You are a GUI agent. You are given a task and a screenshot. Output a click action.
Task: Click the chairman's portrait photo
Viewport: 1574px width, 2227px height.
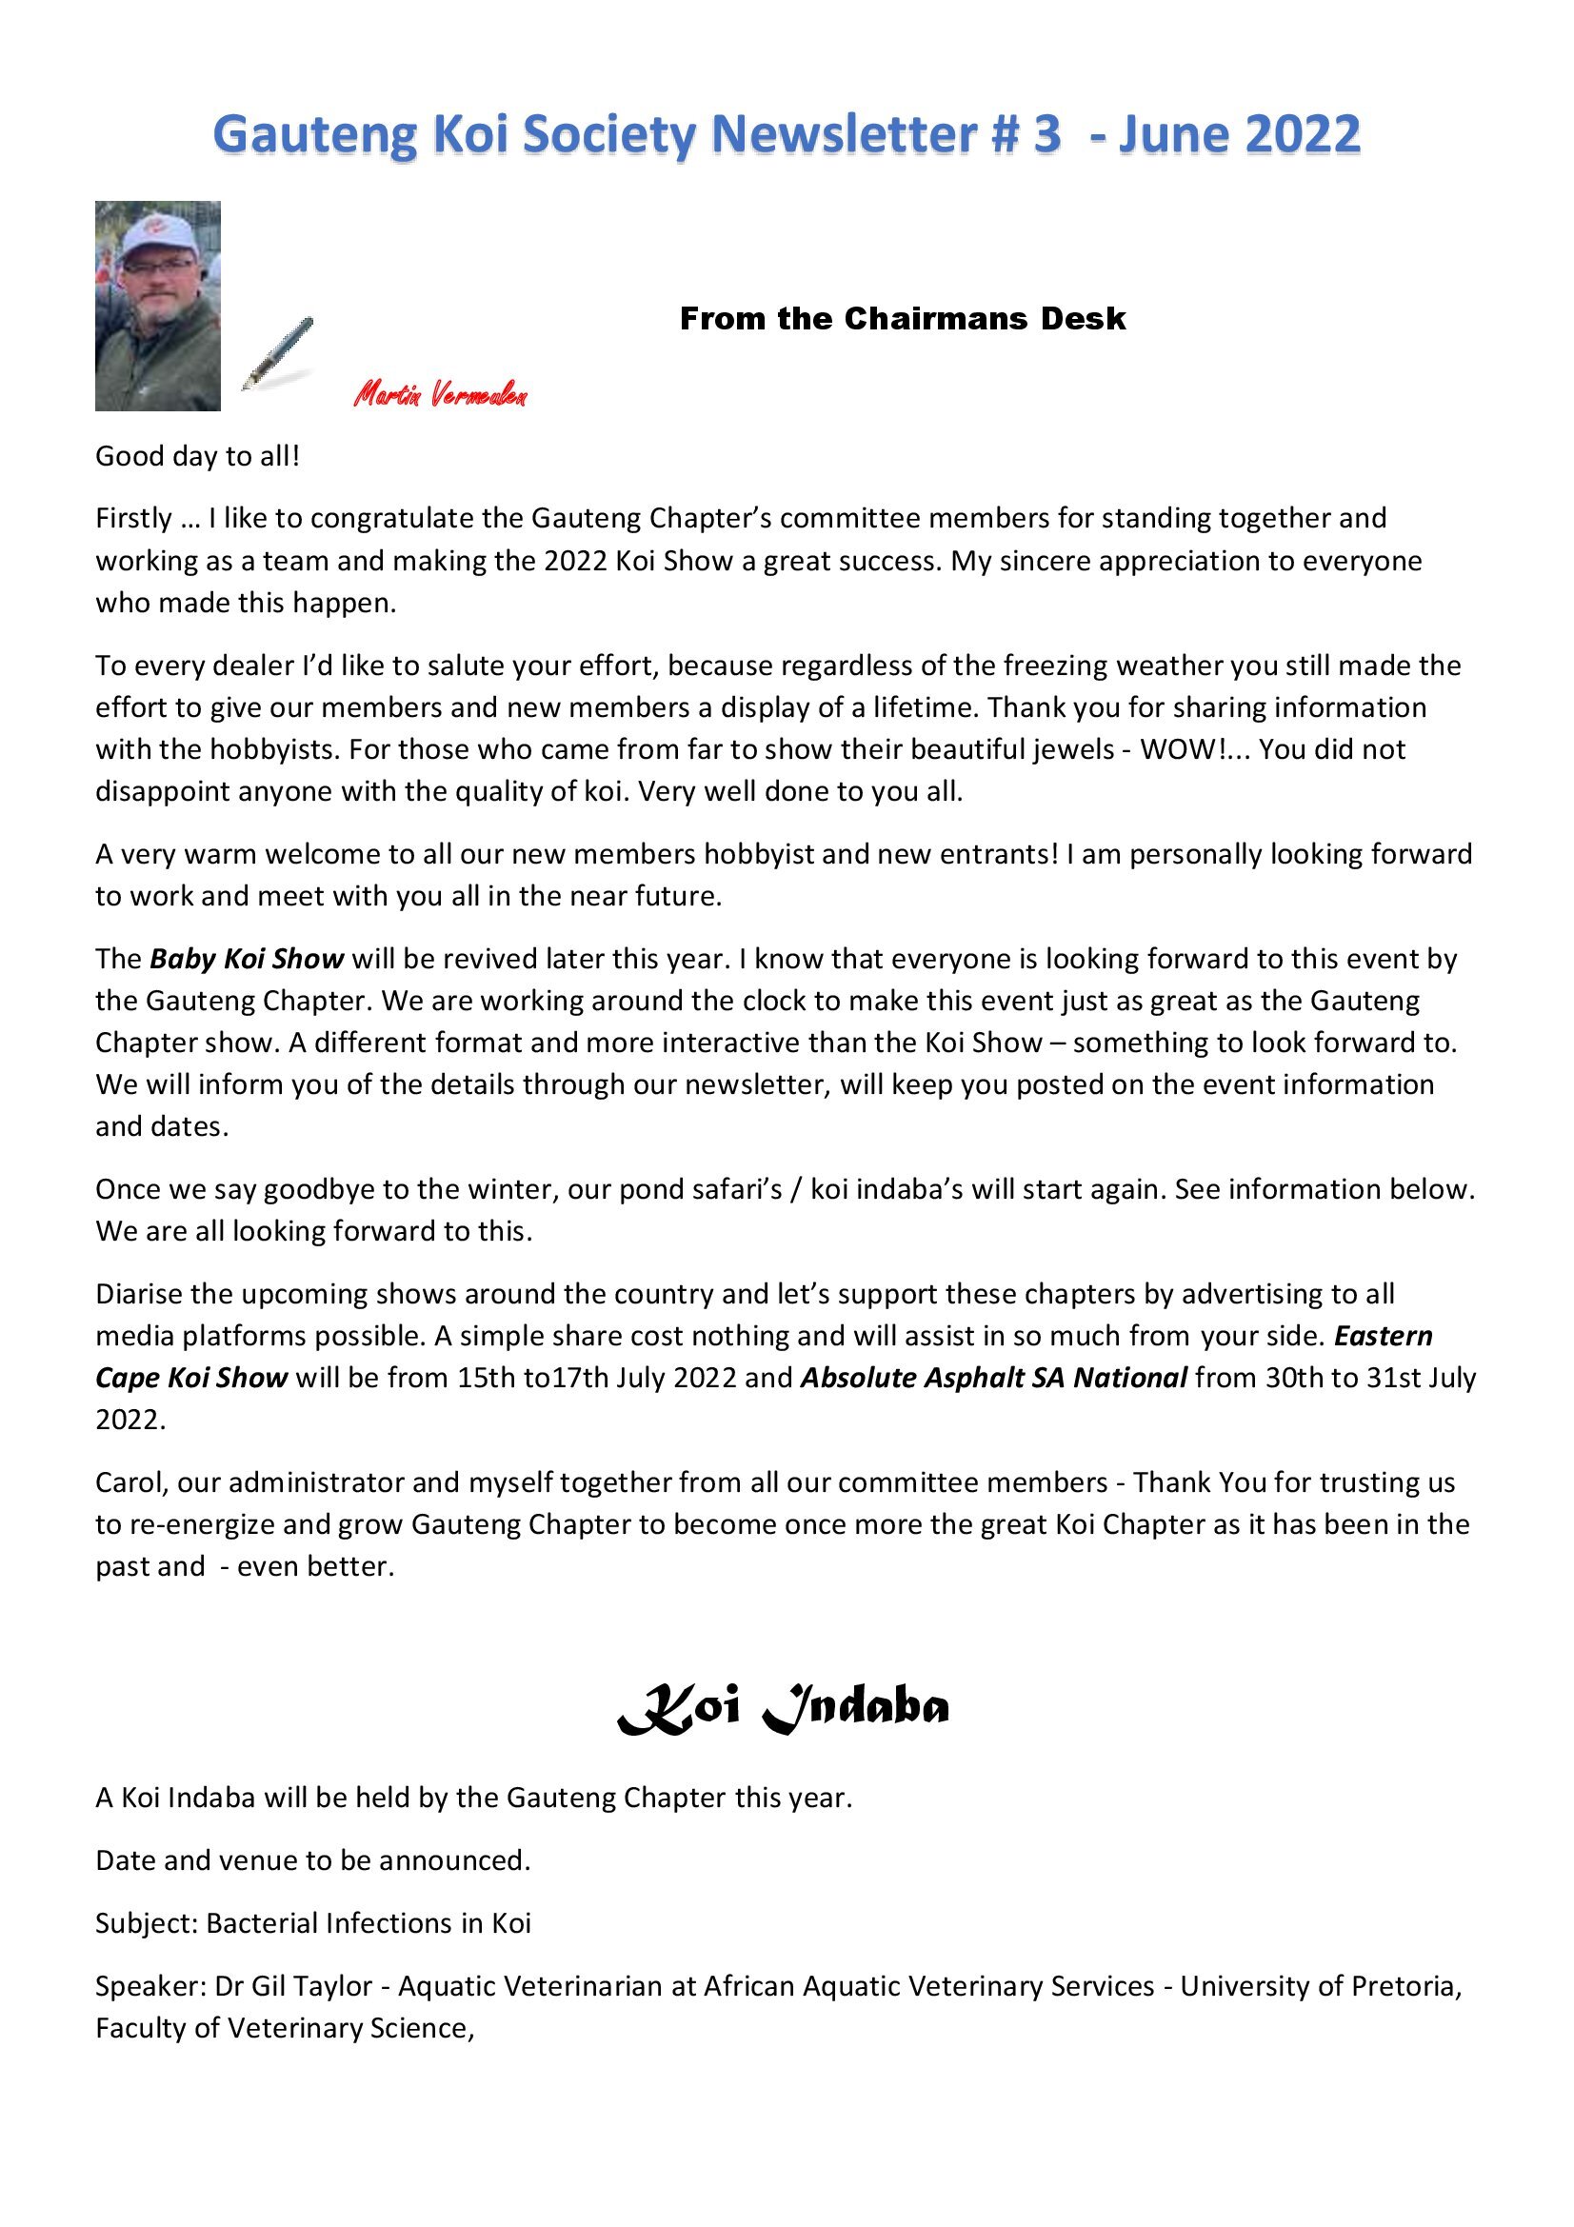157,306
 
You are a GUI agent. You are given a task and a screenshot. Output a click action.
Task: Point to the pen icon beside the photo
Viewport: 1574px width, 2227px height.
277,353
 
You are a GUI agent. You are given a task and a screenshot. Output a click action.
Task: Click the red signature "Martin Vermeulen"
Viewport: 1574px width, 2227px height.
439,394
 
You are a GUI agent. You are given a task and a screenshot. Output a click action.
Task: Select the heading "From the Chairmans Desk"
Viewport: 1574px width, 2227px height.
902,318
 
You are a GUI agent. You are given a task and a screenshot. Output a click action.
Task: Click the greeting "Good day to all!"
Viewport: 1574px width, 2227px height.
198,456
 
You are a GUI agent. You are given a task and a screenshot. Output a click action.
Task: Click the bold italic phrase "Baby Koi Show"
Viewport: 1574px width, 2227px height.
247,960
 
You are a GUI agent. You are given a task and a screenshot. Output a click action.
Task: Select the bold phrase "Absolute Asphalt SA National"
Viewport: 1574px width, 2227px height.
993,1379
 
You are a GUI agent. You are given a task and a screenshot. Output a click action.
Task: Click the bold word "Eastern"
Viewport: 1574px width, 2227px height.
1383,1337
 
